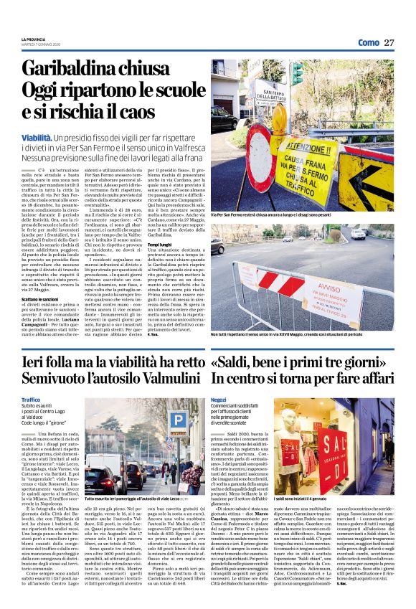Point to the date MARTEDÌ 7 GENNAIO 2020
(x=42, y=44)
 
